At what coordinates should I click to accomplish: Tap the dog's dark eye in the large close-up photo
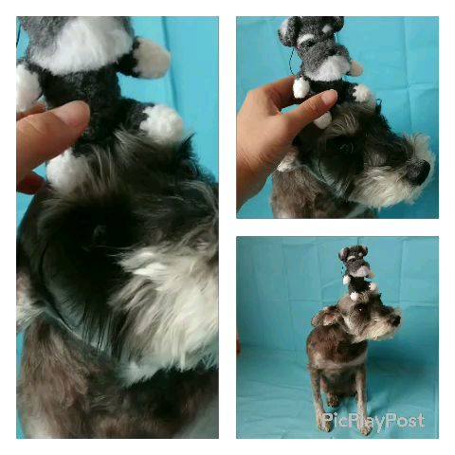[x=100, y=232]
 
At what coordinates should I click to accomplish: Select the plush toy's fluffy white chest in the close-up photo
[x=83, y=45]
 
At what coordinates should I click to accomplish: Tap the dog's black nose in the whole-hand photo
[x=420, y=173]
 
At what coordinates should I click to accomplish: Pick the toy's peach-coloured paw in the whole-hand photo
[x=356, y=68]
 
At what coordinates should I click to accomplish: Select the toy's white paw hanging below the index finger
[x=323, y=120]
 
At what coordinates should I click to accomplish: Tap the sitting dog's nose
[x=395, y=319]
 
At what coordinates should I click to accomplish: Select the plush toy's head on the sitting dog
[x=354, y=257]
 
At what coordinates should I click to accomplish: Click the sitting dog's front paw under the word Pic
[x=325, y=425]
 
